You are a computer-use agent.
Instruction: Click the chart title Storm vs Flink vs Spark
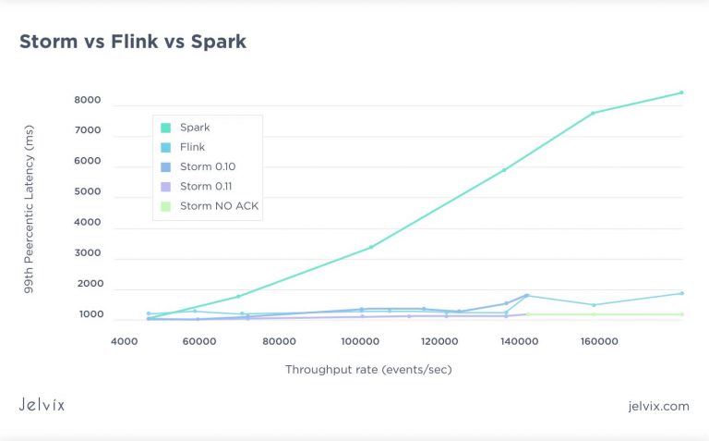tap(133, 42)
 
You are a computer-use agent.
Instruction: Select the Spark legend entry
tap(194, 128)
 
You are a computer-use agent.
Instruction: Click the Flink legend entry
tap(192, 147)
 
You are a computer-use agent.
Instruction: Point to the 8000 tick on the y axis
tap(88, 101)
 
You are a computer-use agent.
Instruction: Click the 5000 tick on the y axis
tap(88, 192)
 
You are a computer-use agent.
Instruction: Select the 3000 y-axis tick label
tap(88, 253)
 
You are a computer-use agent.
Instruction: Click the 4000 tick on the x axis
tap(125, 341)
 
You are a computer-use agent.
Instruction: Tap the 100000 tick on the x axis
tap(359, 341)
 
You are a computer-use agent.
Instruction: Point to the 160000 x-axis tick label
tap(599, 341)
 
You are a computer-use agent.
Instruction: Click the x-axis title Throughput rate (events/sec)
tap(368, 370)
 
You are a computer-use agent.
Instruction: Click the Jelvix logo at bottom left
tap(42, 405)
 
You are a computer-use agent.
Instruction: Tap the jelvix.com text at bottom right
tap(656, 406)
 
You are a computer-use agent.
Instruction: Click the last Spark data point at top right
tap(681, 92)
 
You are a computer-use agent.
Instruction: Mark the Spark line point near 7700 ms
tap(593, 113)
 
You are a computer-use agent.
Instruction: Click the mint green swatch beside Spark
tap(165, 128)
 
